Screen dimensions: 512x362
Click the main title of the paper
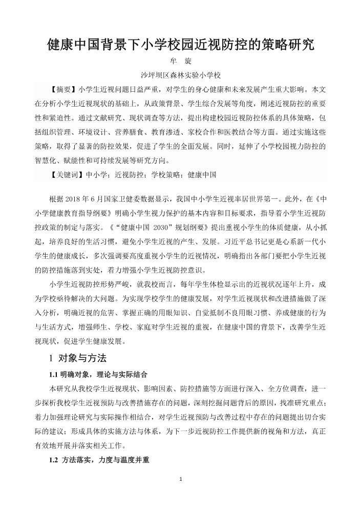pos(181,43)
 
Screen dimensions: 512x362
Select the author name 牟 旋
pos(181,62)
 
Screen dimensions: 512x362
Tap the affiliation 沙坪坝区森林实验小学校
pos(181,75)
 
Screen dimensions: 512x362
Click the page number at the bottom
pos(181,479)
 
